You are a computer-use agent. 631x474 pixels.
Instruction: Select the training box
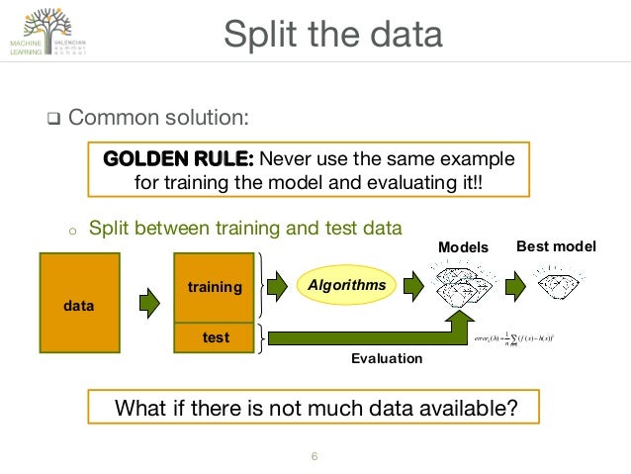pyautogui.click(x=214, y=287)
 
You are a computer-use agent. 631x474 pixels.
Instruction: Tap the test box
pyautogui.click(x=214, y=337)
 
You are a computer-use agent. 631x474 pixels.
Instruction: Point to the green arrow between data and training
pyautogui.click(x=147, y=302)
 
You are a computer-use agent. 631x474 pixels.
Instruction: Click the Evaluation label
pyautogui.click(x=386, y=358)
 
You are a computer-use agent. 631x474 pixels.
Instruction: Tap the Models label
pyautogui.click(x=463, y=247)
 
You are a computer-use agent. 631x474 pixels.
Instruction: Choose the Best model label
pyautogui.click(x=556, y=245)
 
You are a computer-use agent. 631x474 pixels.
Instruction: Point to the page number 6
pyautogui.click(x=315, y=456)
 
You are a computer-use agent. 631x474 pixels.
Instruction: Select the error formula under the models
pyautogui.click(x=514, y=337)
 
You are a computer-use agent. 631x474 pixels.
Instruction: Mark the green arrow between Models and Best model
pyautogui.click(x=515, y=286)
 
